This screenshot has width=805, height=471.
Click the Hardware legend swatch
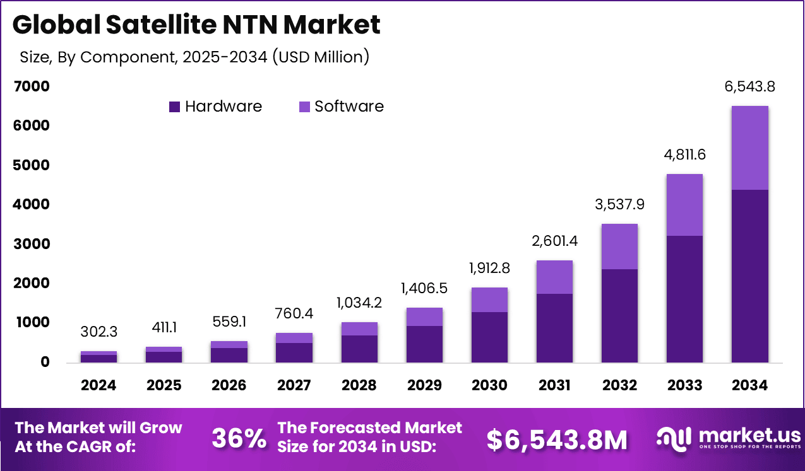tap(175, 107)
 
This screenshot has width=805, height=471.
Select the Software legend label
tap(349, 107)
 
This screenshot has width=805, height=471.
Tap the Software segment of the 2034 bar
tap(749, 148)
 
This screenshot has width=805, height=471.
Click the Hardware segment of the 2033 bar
tap(684, 299)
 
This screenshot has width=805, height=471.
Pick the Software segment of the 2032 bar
tap(619, 247)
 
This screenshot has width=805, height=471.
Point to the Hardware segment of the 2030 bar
tap(489, 337)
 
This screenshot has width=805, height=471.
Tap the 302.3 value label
tap(99, 332)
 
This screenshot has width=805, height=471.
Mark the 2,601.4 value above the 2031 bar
tap(554, 240)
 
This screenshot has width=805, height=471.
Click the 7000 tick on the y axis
tap(31, 87)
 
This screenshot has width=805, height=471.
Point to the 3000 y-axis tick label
tap(31, 244)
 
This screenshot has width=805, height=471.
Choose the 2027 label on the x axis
tap(294, 385)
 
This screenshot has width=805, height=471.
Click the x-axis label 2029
tap(424, 385)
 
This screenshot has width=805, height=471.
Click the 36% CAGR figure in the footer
tap(239, 439)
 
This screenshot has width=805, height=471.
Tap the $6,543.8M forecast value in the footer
tap(557, 439)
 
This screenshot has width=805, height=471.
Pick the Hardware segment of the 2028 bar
tap(359, 348)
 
